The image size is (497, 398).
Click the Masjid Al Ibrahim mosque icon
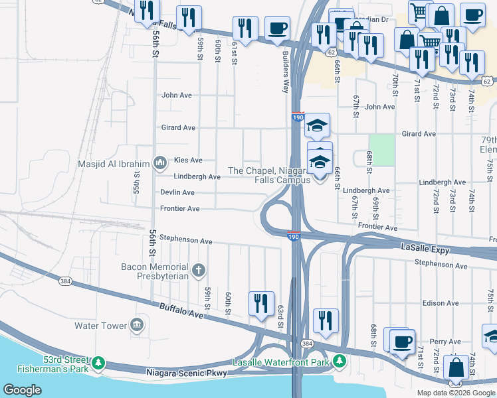pyautogui.click(x=159, y=162)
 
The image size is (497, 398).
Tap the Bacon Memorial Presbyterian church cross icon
pyautogui.click(x=198, y=269)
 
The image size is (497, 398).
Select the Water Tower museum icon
pyautogui.click(x=137, y=324)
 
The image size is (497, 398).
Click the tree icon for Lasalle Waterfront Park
pyautogui.click(x=340, y=362)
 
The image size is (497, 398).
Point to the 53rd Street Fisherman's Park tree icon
pyautogui.click(x=98, y=362)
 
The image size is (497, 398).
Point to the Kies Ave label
pyautogui.click(x=187, y=161)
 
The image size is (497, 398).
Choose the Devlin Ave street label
pyautogui.click(x=177, y=192)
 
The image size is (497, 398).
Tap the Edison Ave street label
pyautogui.click(x=441, y=303)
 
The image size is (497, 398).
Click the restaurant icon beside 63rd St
pyautogui.click(x=261, y=302)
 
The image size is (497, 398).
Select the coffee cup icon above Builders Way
pyautogui.click(x=277, y=28)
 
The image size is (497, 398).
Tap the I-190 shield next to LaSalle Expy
pyautogui.click(x=293, y=236)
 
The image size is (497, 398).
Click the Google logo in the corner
pyautogui.click(x=23, y=390)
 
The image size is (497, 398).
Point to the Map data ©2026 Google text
pyautogui.click(x=455, y=393)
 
